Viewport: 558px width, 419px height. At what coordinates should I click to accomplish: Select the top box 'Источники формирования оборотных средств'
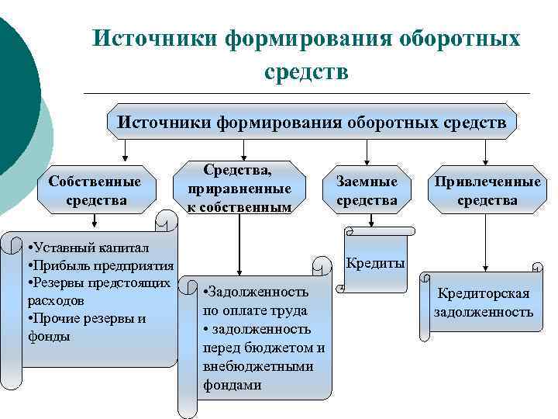[311, 122]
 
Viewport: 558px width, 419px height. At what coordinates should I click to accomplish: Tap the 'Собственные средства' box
[95, 191]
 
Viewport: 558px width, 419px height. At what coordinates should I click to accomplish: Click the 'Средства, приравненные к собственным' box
[239, 188]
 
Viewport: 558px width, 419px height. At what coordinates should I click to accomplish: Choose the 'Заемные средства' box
[367, 191]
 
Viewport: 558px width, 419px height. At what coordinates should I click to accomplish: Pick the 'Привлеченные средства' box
[487, 191]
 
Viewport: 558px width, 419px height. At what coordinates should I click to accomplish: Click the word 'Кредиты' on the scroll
[375, 263]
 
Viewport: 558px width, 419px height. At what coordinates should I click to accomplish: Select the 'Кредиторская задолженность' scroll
[483, 303]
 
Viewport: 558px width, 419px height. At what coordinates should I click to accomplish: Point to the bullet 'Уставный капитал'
[81, 248]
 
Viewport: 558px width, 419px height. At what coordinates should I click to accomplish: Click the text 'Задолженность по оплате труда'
[256, 301]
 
